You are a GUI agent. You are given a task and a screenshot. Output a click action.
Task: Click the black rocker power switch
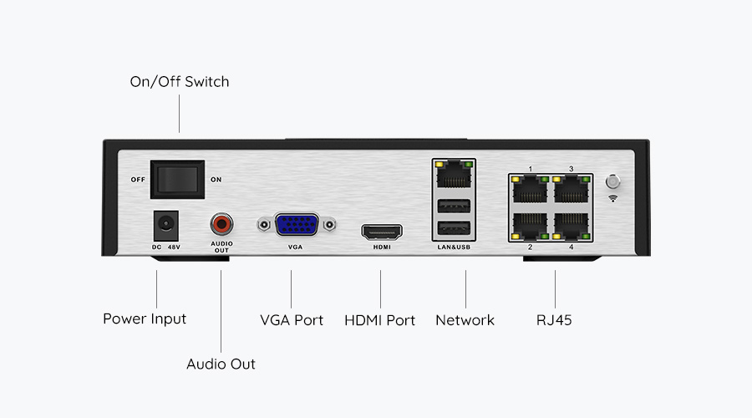tap(177, 179)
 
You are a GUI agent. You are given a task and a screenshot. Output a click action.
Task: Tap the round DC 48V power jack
tap(165, 224)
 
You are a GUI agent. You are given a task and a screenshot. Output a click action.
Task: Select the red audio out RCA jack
tap(221, 224)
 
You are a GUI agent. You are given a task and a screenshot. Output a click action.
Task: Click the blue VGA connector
tap(297, 225)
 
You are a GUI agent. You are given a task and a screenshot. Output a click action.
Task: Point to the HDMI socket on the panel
tap(381, 231)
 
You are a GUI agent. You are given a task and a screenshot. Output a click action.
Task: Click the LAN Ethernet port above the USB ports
tap(453, 174)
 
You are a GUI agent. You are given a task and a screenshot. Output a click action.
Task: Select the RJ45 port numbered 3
tap(571, 189)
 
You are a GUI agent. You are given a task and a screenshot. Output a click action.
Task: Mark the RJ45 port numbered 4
tap(571, 223)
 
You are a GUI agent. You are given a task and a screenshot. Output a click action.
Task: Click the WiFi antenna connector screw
tap(612, 181)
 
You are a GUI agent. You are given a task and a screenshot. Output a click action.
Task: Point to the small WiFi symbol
tap(612, 199)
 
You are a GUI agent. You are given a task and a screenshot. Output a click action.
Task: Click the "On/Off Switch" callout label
tap(179, 82)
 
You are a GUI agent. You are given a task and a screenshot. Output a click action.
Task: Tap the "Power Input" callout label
tap(145, 319)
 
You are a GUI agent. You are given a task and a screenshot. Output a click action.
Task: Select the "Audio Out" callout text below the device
tap(221, 364)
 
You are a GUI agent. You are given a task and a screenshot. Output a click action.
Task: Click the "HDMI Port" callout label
tap(379, 320)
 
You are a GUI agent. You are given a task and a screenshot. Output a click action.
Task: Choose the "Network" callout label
tap(465, 320)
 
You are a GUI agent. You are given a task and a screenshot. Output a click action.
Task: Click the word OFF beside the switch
tap(137, 180)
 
